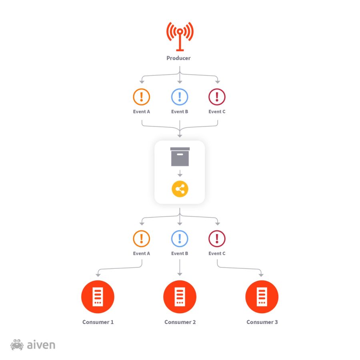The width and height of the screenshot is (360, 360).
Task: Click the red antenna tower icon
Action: (x=180, y=36)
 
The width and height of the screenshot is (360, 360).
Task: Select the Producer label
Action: (x=178, y=58)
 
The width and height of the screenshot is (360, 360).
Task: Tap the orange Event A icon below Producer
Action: (x=141, y=97)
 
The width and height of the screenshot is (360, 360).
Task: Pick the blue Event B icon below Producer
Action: (x=180, y=97)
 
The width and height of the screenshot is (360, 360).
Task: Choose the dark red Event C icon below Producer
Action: (x=217, y=97)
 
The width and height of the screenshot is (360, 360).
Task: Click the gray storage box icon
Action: (x=180, y=156)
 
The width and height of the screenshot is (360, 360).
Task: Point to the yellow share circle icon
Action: (x=180, y=189)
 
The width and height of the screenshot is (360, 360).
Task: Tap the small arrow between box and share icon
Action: (x=180, y=174)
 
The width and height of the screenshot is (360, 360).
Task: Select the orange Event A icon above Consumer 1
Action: (x=141, y=239)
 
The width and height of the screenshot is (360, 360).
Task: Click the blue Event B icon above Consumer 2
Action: (x=180, y=239)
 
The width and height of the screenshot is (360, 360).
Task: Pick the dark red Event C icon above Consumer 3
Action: (x=217, y=239)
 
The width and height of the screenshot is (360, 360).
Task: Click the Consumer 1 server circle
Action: (x=98, y=297)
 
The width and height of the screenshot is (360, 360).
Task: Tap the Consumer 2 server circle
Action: (x=180, y=297)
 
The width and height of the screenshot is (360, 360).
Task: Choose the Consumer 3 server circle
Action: (x=262, y=297)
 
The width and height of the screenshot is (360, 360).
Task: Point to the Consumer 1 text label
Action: (x=98, y=322)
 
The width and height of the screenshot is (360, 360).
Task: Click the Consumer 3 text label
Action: (x=262, y=322)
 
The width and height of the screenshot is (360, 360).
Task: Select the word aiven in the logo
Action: (x=41, y=345)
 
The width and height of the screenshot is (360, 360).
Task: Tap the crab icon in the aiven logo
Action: (x=17, y=345)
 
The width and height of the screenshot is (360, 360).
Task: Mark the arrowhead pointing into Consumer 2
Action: (x=180, y=274)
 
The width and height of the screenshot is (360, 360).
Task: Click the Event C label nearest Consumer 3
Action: (x=217, y=254)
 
